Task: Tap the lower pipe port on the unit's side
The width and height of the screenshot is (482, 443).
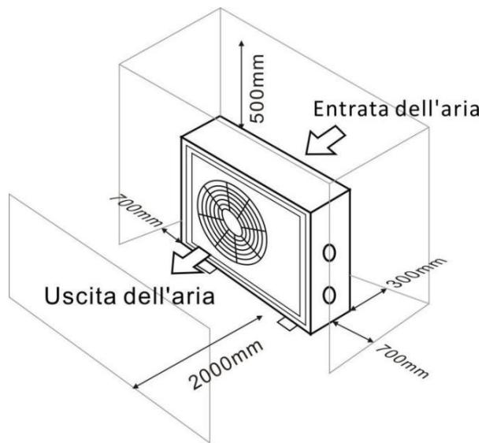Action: pyautogui.click(x=329, y=294)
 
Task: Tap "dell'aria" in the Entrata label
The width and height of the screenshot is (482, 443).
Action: pyautogui.click(x=432, y=108)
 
